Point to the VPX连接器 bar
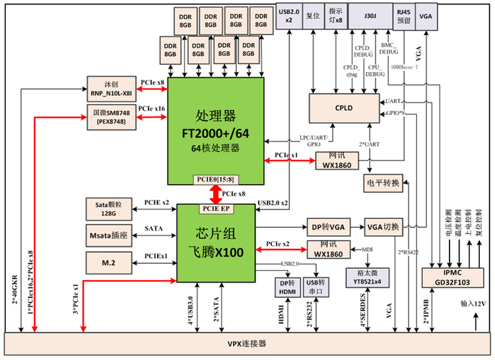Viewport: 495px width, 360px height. coord(247,343)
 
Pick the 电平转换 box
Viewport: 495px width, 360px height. coord(382,183)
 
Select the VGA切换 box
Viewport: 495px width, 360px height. coord(382,227)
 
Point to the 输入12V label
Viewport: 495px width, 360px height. coord(473,303)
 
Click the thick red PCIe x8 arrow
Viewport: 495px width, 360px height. coord(216,194)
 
